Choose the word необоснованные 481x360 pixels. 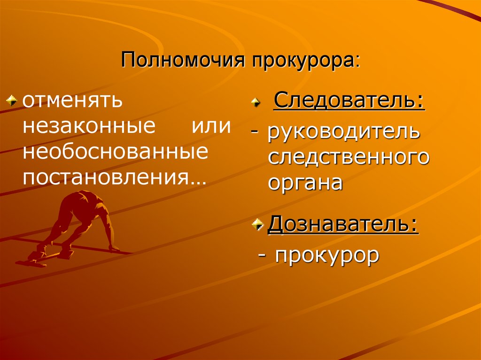tap(116, 152)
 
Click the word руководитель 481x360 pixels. tap(343, 132)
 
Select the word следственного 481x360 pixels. tap(349, 158)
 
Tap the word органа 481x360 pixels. tap(305, 183)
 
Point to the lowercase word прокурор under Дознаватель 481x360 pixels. tap(327, 256)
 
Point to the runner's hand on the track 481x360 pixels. tap(114, 248)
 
